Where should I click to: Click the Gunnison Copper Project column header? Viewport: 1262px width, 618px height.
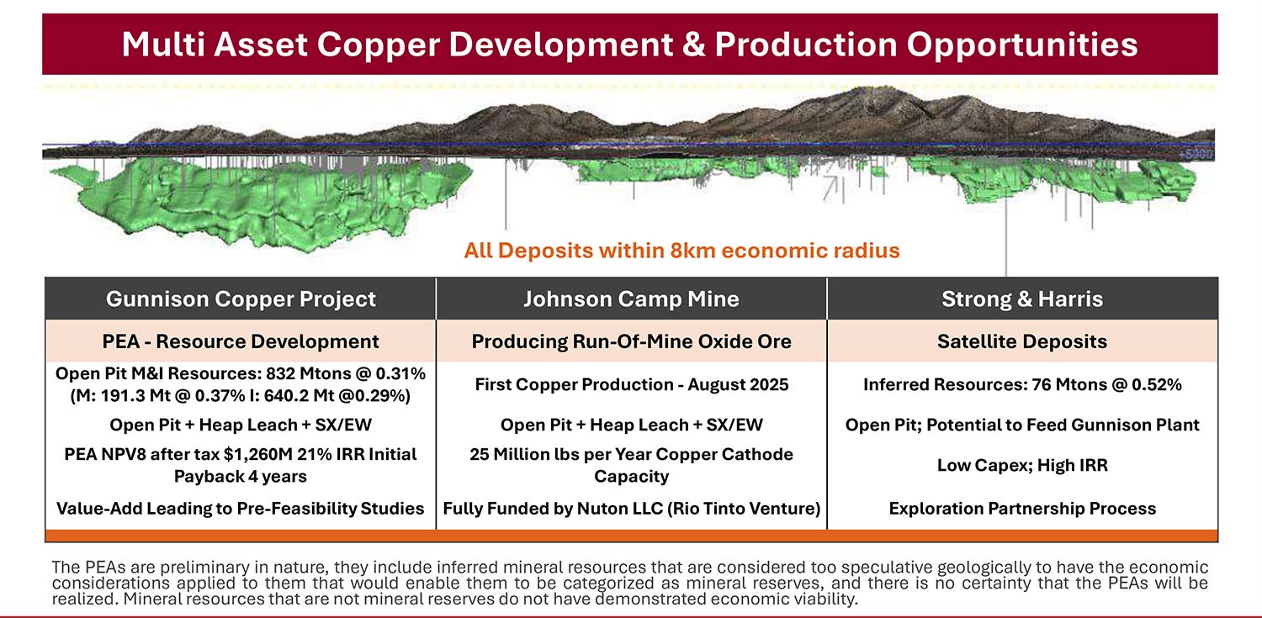click(x=241, y=298)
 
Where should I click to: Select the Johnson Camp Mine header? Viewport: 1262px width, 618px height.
click(x=631, y=298)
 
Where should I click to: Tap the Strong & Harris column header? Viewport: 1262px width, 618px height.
click(x=1022, y=298)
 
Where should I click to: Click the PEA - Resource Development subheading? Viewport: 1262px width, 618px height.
click(x=241, y=341)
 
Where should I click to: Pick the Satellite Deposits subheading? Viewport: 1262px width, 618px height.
click(x=1022, y=341)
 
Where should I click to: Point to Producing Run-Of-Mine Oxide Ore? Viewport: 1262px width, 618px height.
click(x=631, y=341)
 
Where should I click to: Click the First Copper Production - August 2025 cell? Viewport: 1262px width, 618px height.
click(x=631, y=384)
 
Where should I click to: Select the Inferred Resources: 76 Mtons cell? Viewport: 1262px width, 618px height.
click(x=1022, y=384)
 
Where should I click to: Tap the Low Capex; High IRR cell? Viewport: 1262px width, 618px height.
click(x=1022, y=465)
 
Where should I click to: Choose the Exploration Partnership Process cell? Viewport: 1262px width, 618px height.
click(x=1022, y=508)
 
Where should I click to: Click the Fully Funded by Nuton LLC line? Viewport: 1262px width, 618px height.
click(x=631, y=508)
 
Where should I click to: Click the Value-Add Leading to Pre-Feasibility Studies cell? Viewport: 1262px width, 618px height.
click(x=241, y=508)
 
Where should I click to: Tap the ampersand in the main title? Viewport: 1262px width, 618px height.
click(x=693, y=44)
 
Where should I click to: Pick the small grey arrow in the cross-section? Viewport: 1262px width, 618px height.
click(x=830, y=188)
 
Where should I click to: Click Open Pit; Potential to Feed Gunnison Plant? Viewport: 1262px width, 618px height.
click(x=1022, y=425)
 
